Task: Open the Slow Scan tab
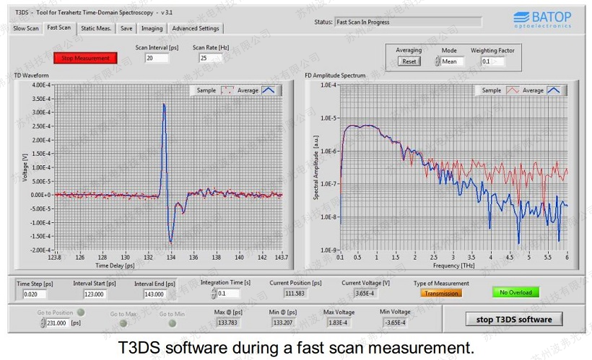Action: click(x=26, y=28)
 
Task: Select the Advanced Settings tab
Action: click(x=196, y=28)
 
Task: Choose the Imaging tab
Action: click(x=152, y=28)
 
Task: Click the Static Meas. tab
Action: click(x=96, y=28)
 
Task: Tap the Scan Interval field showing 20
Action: click(x=157, y=58)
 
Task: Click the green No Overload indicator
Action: click(x=516, y=292)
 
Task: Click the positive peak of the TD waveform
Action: click(x=164, y=105)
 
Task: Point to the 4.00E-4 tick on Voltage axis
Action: click(x=40, y=85)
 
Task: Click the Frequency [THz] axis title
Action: click(x=453, y=265)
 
